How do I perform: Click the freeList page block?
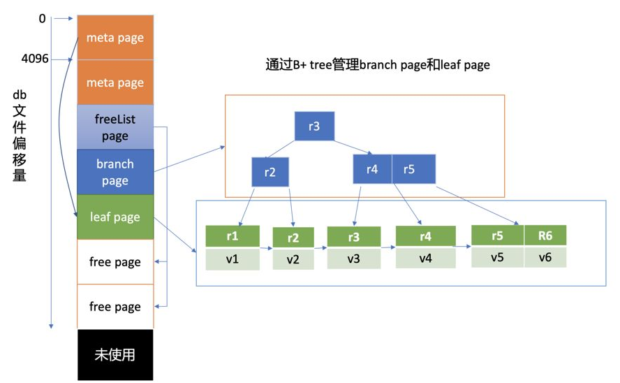[115, 127]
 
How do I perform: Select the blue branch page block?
[115, 172]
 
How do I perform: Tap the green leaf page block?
[115, 217]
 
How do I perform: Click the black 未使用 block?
[115, 354]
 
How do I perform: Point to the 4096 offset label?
[36, 59]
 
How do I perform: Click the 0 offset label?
[42, 19]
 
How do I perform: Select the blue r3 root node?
[314, 127]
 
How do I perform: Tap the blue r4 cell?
[372, 168]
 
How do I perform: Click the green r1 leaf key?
[232, 236]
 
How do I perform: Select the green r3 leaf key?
[353, 237]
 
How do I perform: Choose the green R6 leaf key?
[545, 235]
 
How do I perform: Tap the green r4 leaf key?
[425, 236]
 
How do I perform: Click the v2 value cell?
[293, 259]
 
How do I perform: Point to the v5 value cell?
[497, 256]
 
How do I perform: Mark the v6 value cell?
[545, 256]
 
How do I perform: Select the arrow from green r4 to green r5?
[463, 246]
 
